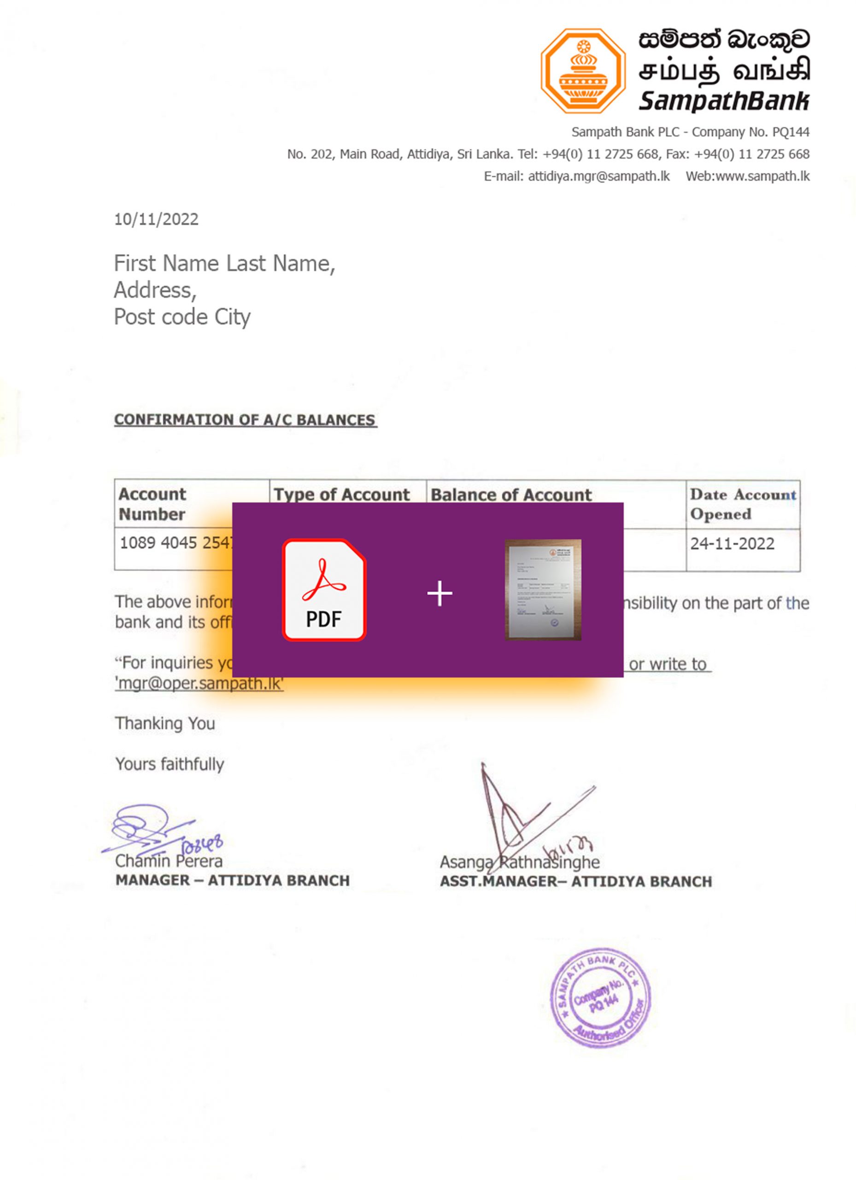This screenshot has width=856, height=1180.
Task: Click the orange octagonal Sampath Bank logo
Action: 582,71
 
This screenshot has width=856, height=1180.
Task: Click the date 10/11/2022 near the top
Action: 156,219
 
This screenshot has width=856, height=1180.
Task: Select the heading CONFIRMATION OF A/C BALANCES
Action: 245,420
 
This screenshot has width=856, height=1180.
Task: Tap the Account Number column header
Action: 152,504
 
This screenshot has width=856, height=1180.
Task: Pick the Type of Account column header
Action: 342,494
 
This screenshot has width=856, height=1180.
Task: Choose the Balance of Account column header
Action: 511,494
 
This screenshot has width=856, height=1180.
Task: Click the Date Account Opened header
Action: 743,504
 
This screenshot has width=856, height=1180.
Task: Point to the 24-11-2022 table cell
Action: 732,544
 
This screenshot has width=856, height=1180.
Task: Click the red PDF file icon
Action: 324,590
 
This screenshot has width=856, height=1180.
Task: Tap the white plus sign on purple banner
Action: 440,593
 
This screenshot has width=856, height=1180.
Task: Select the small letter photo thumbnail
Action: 543,590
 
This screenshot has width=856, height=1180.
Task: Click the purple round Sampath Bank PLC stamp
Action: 601,997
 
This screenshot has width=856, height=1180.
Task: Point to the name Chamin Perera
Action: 169,861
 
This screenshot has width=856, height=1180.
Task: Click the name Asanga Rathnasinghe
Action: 520,862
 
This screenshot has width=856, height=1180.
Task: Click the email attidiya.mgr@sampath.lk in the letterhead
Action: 598,177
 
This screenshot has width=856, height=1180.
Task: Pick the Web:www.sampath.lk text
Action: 747,177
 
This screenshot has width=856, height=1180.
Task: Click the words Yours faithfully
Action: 170,764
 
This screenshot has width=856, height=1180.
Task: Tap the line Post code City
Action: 182,317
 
